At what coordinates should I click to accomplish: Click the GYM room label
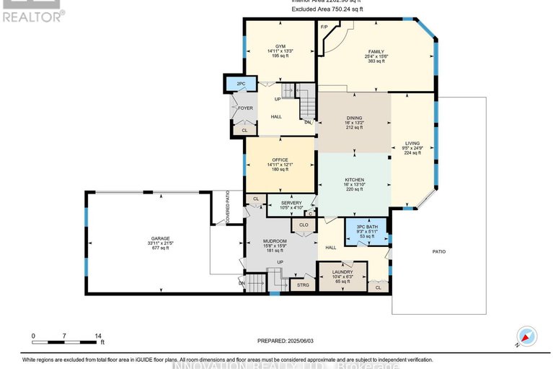[x=280, y=45]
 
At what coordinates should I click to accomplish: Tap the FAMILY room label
[x=376, y=52]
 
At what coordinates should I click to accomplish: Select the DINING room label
[x=354, y=117]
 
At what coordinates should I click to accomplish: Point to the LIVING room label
[x=412, y=143]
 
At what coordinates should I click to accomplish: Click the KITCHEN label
[x=354, y=180]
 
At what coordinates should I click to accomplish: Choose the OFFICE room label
[x=280, y=160]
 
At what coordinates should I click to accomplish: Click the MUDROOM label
[x=275, y=240]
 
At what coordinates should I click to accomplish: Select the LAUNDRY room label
[x=342, y=272]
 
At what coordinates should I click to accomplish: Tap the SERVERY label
[x=291, y=203]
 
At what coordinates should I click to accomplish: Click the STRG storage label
[x=303, y=286]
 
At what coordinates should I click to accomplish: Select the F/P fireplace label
[x=324, y=28]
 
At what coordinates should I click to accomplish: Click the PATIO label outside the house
[x=439, y=252]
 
